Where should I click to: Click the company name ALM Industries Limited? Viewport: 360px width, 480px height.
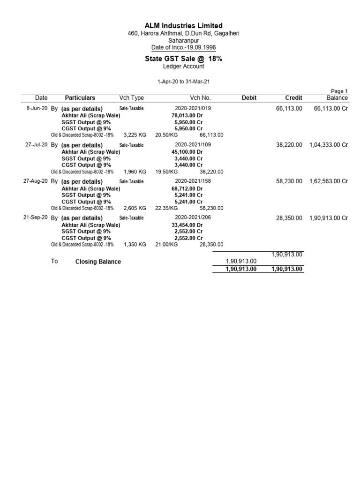point(183,25)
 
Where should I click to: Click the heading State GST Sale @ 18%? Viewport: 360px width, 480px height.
point(183,59)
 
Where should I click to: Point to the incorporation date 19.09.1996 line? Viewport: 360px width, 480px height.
point(183,48)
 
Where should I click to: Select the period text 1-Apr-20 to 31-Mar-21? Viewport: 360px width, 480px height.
point(183,81)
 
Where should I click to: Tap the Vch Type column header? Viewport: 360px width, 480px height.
point(132,98)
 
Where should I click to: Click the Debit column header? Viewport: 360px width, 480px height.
point(249,98)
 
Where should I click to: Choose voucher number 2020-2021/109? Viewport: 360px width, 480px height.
point(193,145)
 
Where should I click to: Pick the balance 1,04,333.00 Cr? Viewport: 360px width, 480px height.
point(329,145)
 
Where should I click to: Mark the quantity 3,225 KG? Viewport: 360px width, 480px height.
point(135,135)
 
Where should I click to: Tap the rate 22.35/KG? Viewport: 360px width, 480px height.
point(166,208)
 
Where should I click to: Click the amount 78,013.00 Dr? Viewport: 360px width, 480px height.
point(187,115)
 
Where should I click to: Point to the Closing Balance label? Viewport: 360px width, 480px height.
point(98,262)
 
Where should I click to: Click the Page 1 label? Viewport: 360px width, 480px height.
point(339,91)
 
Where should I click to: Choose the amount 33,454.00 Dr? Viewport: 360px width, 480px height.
point(187,225)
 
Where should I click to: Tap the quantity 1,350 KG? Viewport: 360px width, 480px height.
point(135,245)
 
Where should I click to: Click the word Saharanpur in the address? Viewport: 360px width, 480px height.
point(183,41)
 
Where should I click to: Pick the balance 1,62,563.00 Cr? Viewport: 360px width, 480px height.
point(329,181)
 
